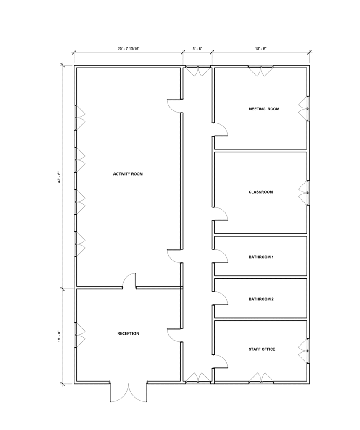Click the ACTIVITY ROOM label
coord(128,174)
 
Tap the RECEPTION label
coord(128,333)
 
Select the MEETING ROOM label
coord(264,109)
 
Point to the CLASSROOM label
coord(261,192)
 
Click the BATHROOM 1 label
coord(261,257)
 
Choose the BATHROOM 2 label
coord(261,299)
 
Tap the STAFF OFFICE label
coord(262,349)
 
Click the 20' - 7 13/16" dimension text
coord(129,49)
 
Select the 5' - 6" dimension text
coord(197,49)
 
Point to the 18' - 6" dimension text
coord(261,49)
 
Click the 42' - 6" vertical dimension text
coord(58,177)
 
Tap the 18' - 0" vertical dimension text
coord(58,336)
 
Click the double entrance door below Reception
coord(129,393)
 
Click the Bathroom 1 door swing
coord(221,256)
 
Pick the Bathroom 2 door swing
coord(221,298)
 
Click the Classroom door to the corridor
coord(221,214)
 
